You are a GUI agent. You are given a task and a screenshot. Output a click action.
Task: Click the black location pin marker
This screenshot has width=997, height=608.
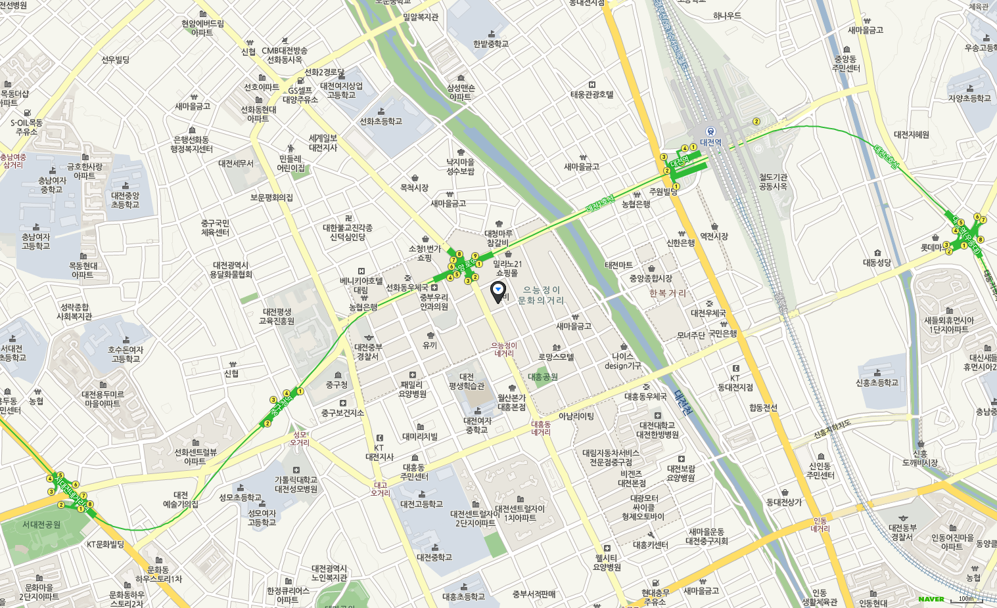pyautogui.click(x=498, y=290)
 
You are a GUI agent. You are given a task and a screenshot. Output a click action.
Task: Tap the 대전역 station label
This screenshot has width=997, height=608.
pyautogui.click(x=710, y=142)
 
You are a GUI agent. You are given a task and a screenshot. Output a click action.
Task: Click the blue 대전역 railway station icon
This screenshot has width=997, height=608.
pyautogui.click(x=710, y=131)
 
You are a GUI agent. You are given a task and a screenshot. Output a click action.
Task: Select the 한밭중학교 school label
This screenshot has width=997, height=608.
pyautogui.click(x=491, y=44)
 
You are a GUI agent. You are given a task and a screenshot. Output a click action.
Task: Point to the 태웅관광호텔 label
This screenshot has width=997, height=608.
pyautogui.click(x=591, y=95)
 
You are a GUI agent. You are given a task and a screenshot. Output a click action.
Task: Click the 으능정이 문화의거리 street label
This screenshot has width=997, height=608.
pyautogui.click(x=541, y=295)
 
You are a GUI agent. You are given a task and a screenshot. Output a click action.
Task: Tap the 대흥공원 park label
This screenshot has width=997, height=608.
pyautogui.click(x=543, y=377)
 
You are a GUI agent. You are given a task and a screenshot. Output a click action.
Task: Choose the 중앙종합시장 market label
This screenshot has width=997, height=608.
pyautogui.click(x=651, y=278)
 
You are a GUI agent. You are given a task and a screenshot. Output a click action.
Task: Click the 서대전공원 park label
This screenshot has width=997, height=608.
pyautogui.click(x=41, y=525)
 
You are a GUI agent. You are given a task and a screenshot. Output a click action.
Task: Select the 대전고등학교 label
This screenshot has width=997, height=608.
pyautogui.click(x=421, y=504)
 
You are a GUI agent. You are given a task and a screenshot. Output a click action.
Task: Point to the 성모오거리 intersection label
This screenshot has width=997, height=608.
pyautogui.click(x=300, y=439)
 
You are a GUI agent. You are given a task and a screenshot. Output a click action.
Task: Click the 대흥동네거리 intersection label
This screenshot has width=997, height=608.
pyautogui.click(x=541, y=429)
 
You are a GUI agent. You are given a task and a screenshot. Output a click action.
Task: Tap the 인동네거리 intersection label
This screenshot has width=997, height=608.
pyautogui.click(x=820, y=525)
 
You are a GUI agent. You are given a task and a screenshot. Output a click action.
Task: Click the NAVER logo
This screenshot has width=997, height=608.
pyautogui.click(x=931, y=599)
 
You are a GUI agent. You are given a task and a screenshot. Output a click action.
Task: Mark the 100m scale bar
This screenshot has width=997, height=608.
pyautogui.click(x=967, y=599)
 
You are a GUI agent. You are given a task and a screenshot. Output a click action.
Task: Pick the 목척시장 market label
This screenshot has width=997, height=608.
pyautogui.click(x=414, y=188)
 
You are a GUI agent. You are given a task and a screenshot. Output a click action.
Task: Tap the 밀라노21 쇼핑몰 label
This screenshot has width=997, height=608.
pyautogui.click(x=507, y=269)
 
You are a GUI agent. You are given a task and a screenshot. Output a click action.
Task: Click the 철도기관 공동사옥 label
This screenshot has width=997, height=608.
pyautogui.click(x=773, y=182)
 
